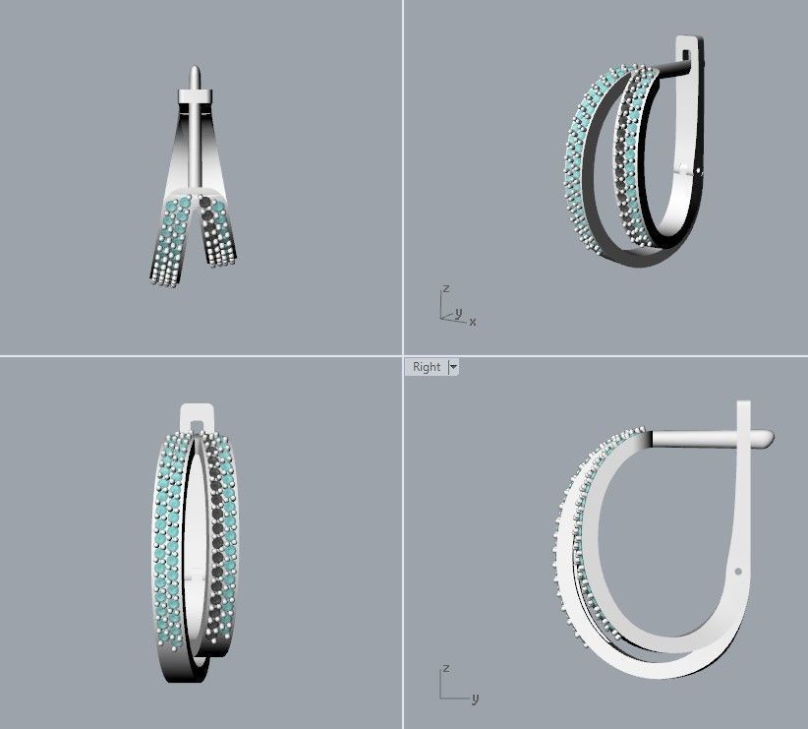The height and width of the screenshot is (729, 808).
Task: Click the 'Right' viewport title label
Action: (426, 367)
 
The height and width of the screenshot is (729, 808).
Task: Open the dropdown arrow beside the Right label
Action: (453, 367)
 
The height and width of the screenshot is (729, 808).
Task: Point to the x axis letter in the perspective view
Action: (473, 322)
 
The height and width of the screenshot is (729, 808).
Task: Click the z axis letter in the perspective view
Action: (445, 289)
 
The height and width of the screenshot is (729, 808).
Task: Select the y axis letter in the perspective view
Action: (458, 313)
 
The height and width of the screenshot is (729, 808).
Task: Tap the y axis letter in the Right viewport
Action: (475, 699)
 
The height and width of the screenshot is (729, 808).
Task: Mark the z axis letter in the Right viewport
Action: (445, 668)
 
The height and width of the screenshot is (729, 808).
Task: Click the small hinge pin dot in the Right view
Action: (737, 570)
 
